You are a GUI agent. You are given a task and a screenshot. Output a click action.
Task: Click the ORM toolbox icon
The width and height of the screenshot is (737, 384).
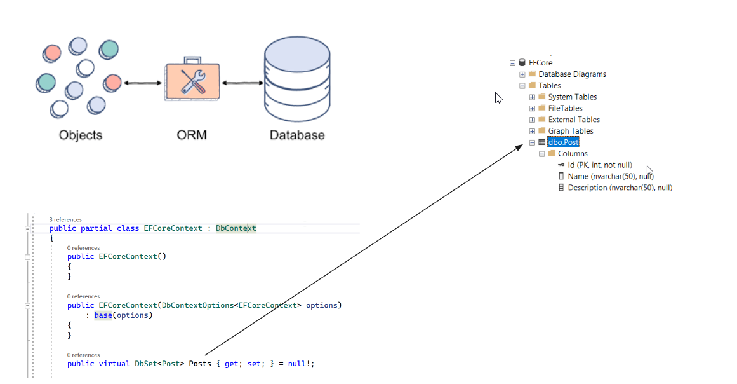pos(192,82)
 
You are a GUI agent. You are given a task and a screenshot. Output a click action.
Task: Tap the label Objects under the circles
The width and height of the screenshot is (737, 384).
pos(81,135)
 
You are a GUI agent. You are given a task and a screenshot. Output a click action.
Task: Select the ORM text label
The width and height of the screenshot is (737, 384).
pos(192,135)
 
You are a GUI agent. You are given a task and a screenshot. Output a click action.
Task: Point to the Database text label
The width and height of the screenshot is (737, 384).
pos(297,135)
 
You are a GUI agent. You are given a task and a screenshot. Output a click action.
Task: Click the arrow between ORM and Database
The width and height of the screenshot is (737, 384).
pos(242,83)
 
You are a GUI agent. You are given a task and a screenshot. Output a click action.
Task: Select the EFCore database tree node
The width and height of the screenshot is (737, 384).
pos(540,63)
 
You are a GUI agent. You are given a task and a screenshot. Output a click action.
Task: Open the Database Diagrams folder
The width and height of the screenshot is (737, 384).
pos(572,74)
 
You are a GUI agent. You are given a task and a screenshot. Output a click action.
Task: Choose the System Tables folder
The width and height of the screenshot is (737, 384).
pos(572,97)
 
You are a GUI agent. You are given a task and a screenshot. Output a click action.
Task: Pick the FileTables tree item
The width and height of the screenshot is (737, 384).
pos(565,109)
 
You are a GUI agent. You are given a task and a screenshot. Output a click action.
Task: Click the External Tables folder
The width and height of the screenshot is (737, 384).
pos(574,120)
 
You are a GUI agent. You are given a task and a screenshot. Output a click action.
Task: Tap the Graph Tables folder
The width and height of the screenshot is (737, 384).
pos(571,131)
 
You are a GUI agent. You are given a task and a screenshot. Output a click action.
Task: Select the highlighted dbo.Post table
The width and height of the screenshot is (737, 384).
pos(563,142)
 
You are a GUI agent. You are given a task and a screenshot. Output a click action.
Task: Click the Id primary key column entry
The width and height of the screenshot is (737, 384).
pos(599,165)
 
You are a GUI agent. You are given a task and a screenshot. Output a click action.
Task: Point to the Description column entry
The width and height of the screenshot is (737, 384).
pos(620,188)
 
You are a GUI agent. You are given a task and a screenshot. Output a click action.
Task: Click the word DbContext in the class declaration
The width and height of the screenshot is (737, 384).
pos(236,228)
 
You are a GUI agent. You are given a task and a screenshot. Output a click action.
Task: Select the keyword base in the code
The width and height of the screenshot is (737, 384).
pos(103,315)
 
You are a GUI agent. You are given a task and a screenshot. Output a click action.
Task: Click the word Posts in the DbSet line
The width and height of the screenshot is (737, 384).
pos(200,364)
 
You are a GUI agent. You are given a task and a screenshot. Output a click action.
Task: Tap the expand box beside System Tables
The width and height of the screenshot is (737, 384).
pos(532,97)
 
